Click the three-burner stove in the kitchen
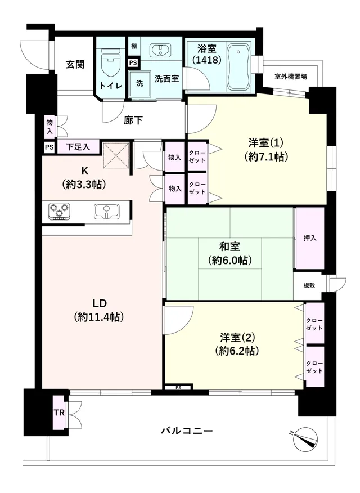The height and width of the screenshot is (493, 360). coord(59,210)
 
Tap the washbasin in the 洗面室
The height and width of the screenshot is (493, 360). coord(160,50)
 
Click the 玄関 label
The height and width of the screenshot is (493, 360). coord(75,65)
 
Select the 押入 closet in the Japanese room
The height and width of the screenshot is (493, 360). coord(310,238)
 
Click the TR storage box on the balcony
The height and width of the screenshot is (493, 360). coord(58,412)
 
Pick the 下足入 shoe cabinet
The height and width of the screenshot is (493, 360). coord(78,146)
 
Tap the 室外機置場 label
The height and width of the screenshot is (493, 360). coord(291,76)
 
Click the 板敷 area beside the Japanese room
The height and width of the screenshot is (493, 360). coord(309,285)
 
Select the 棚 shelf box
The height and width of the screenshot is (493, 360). coord(134,46)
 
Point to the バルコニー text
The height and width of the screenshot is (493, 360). coord(187,431)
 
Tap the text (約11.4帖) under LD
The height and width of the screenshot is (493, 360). coord(99,317)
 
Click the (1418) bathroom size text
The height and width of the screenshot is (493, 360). coord(206,60)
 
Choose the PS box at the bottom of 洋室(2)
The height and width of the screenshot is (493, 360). coord(178,387)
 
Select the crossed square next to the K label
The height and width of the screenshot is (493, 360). coord(116,155)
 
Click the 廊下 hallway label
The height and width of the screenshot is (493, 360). coord(133,120)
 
